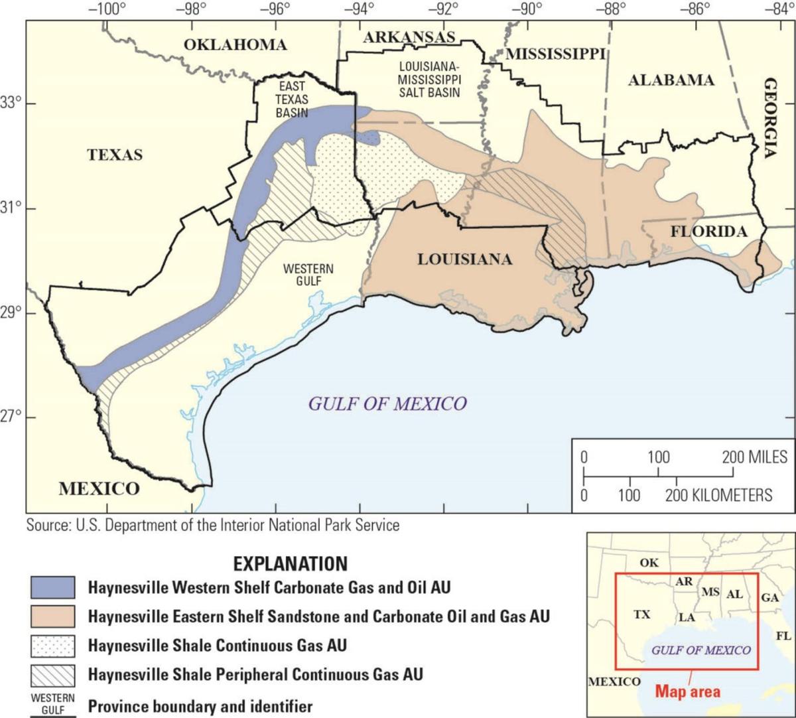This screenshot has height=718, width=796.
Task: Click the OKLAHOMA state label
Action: click(235, 44)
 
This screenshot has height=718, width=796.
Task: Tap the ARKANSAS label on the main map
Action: click(409, 38)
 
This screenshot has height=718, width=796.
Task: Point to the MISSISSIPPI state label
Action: click(556, 54)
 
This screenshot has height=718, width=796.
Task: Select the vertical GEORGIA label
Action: click(770, 117)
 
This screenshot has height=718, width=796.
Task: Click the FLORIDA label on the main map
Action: click(708, 232)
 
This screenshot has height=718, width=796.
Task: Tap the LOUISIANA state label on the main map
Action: click(464, 259)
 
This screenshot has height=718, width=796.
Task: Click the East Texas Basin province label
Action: click(291, 100)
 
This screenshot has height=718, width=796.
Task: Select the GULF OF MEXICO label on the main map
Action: click(387, 403)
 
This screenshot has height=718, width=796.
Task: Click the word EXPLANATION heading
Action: click(290, 564)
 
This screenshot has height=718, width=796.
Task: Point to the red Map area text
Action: click(687, 691)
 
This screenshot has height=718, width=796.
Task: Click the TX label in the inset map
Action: click(641, 614)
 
